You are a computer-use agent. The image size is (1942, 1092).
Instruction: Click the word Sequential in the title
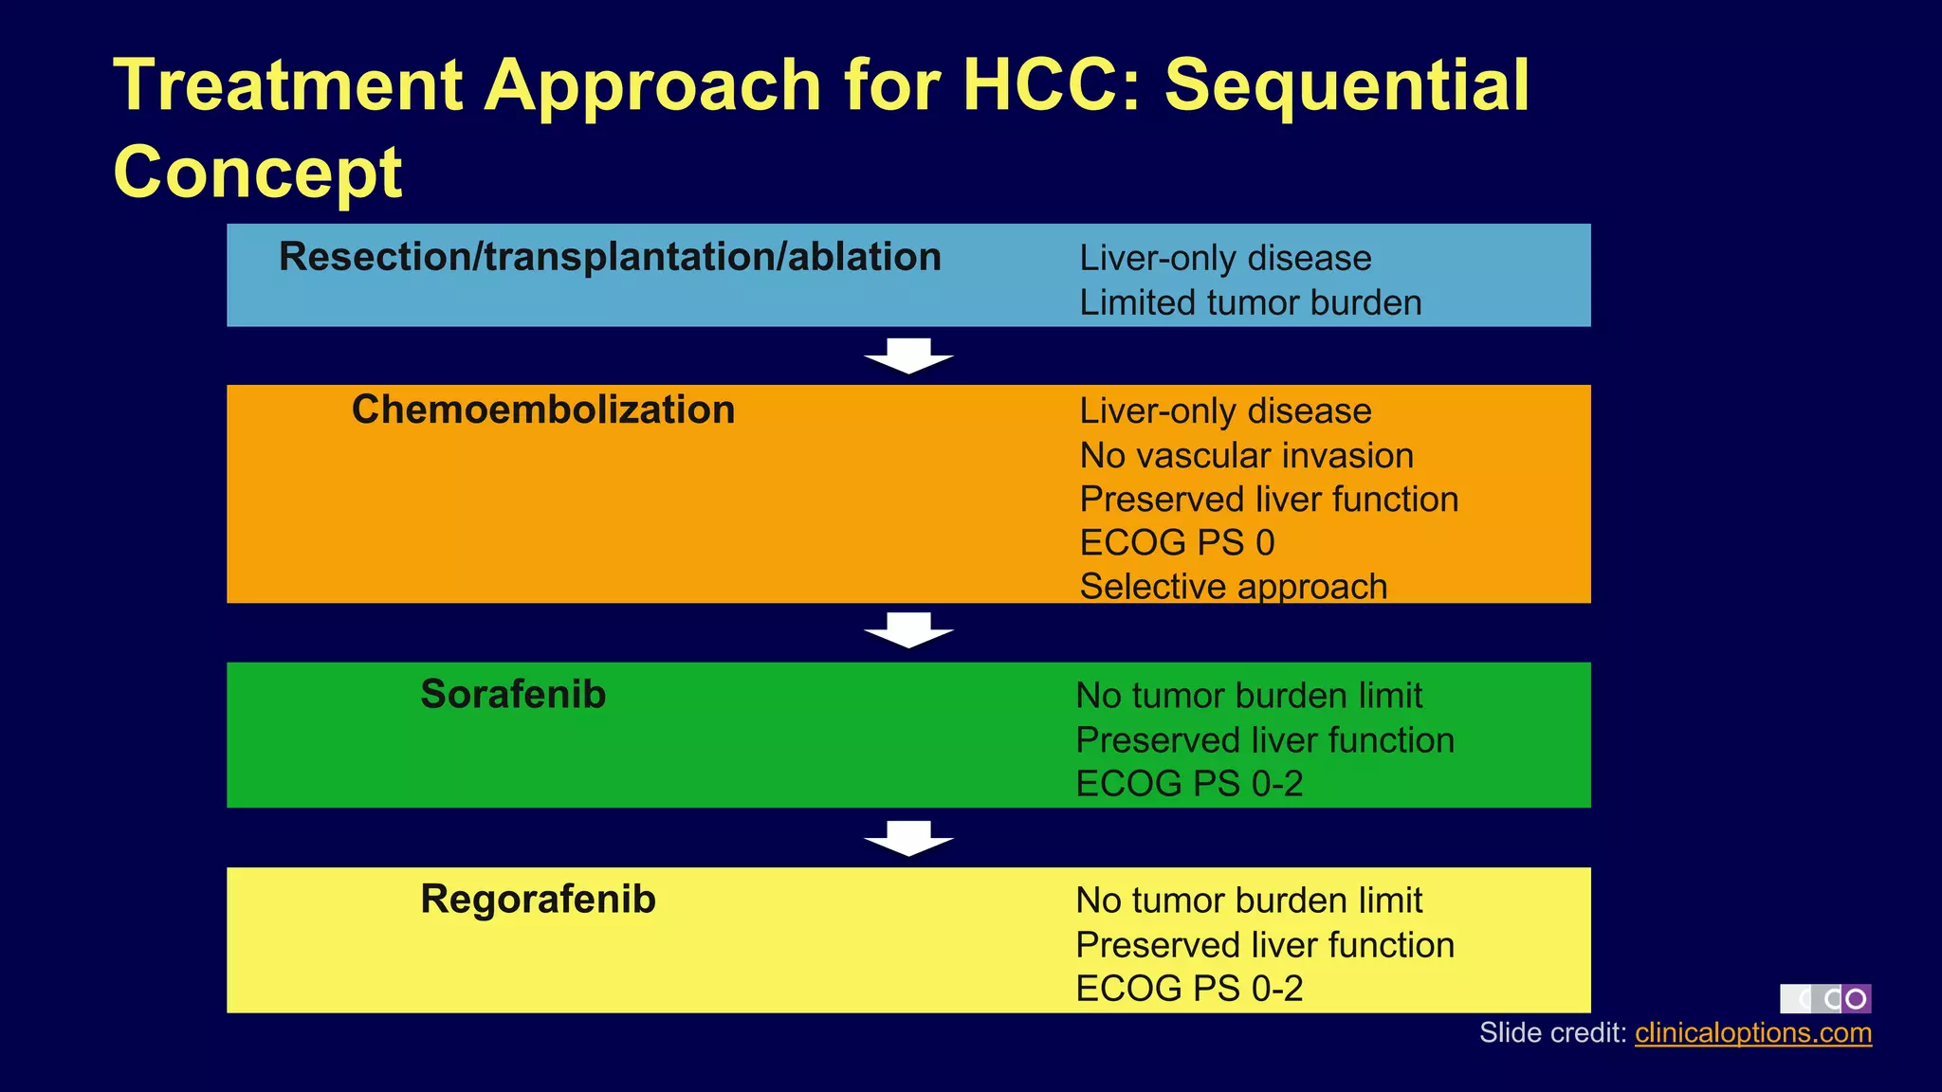click(x=1347, y=86)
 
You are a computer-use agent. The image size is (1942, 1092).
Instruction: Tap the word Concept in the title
click(x=258, y=173)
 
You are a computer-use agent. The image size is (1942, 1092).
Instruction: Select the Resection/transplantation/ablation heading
click(x=610, y=258)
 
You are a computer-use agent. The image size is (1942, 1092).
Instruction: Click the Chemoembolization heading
click(x=543, y=410)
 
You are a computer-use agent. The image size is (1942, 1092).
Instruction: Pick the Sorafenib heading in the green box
click(x=513, y=695)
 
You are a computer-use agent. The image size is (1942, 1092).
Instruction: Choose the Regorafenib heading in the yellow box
click(x=538, y=900)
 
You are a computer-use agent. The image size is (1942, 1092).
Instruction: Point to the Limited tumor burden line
click(x=1250, y=303)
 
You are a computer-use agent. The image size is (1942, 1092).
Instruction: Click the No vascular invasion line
click(x=1246, y=456)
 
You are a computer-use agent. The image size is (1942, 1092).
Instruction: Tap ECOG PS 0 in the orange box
click(x=1177, y=543)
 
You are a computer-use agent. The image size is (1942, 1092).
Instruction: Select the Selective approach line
click(x=1233, y=587)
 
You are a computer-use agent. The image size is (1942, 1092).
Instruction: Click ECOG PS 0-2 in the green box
click(x=1189, y=784)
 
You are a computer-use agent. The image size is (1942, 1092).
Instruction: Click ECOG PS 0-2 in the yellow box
click(x=1189, y=989)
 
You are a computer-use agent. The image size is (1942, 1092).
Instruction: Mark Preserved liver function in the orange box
click(x=1269, y=500)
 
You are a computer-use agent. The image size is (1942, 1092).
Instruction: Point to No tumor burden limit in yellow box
click(x=1249, y=901)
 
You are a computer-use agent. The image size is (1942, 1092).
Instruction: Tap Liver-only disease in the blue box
click(x=1225, y=259)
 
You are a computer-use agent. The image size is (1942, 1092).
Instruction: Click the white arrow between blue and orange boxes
click(x=908, y=355)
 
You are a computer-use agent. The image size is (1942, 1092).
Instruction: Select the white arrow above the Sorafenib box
click(x=908, y=630)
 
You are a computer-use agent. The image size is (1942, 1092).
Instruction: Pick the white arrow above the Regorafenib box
click(x=908, y=838)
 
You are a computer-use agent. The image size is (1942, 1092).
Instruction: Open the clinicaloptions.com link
click(x=1752, y=1033)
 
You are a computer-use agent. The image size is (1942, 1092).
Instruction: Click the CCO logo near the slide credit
click(x=1825, y=998)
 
